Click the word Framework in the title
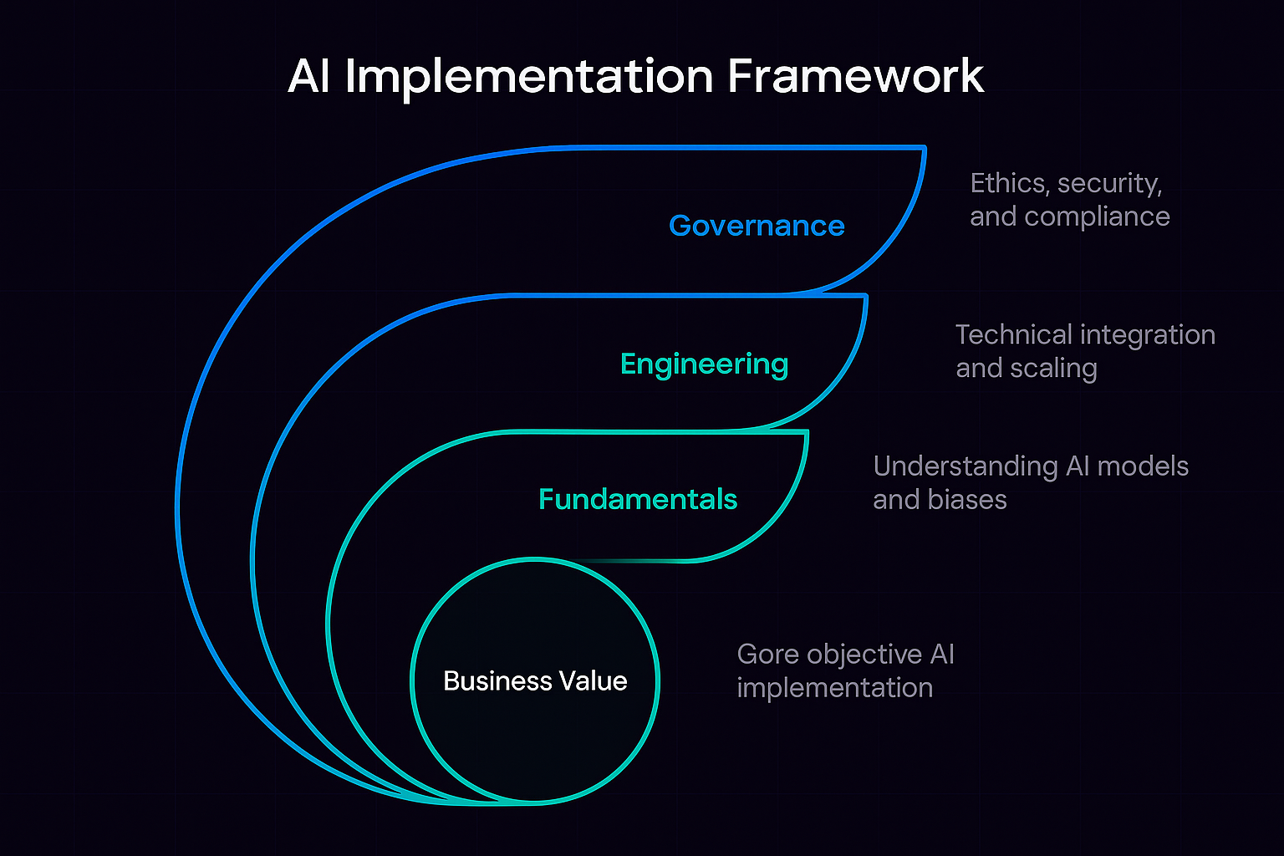point(855,76)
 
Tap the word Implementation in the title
point(528,76)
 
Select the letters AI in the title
point(309,76)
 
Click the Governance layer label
point(757,226)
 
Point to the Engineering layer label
point(704,364)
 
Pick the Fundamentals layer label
point(638,500)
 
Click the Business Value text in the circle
point(535,681)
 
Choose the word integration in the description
point(1153,335)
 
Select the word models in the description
point(1142,466)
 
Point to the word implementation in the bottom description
point(834,688)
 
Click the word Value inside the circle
point(596,681)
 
